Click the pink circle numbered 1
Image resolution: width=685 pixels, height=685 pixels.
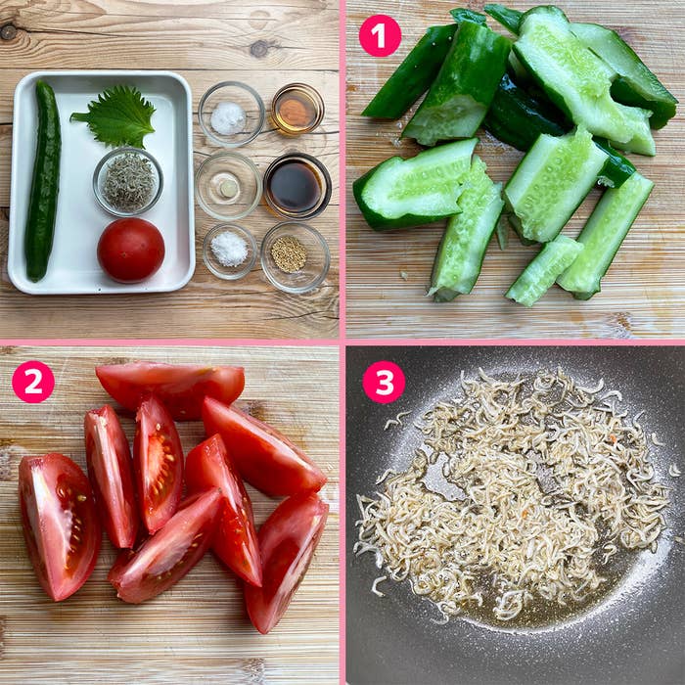(x=380, y=35)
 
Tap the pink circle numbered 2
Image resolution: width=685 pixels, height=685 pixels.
(x=33, y=382)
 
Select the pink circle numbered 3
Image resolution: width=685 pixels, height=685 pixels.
(x=384, y=382)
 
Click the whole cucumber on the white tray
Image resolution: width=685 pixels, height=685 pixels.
(x=43, y=180)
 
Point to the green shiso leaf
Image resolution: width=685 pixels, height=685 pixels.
(x=115, y=116)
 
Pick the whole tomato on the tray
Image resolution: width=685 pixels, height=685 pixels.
(x=130, y=251)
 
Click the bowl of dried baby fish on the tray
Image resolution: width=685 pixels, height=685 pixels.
(x=127, y=181)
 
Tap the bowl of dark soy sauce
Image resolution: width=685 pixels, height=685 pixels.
(x=297, y=186)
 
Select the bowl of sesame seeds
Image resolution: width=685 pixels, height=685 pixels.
(x=295, y=256)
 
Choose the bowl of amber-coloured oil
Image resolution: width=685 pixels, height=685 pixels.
(x=297, y=109)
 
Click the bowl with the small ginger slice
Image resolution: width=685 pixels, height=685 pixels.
(x=228, y=186)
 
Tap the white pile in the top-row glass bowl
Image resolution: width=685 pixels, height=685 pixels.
(x=228, y=118)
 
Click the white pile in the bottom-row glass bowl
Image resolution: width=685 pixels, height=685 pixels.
(x=229, y=249)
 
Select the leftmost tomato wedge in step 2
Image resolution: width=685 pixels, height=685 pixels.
(x=59, y=526)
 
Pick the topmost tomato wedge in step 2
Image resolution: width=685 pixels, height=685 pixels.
(x=170, y=388)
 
